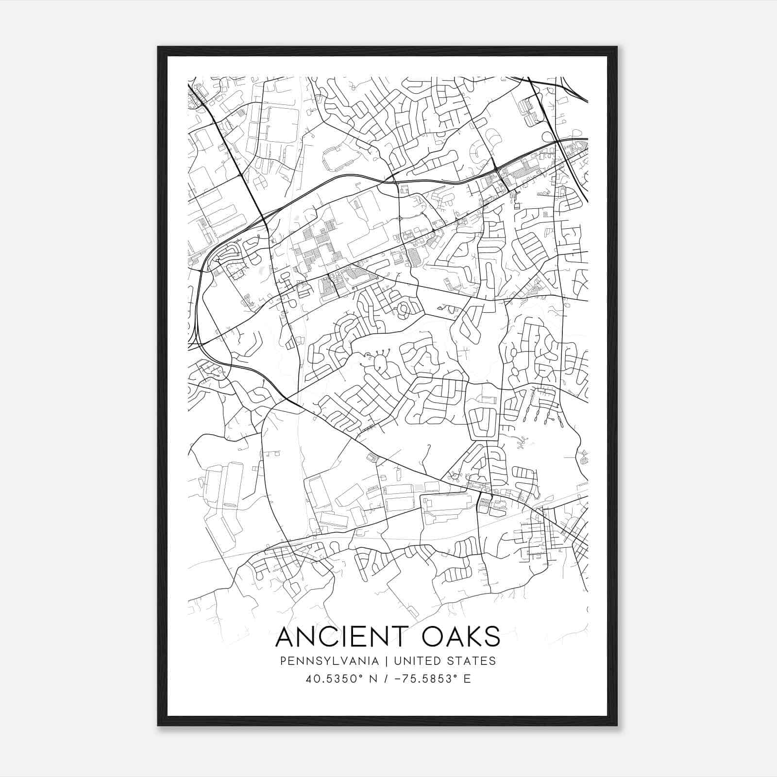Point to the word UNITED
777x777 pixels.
click(417, 661)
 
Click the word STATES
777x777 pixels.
click(472, 661)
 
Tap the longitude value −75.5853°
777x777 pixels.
click(425, 679)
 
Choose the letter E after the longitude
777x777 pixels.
click(467, 679)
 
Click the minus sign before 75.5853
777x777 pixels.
click(398, 679)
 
